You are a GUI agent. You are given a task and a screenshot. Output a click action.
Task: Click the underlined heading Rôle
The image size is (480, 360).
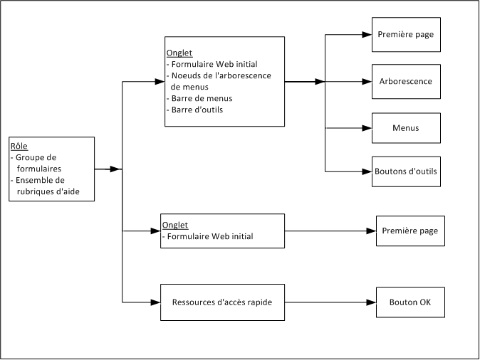[19, 147]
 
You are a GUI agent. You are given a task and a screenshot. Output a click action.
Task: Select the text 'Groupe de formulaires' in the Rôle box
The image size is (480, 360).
[38, 163]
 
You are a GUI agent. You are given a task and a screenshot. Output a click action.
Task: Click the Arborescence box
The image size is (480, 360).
[406, 81]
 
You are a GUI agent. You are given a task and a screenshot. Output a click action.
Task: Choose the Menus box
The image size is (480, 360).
[406, 128]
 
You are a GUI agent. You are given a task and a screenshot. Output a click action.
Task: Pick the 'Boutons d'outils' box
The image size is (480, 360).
[406, 171]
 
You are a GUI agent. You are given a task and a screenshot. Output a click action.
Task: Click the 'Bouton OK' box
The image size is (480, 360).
[410, 302]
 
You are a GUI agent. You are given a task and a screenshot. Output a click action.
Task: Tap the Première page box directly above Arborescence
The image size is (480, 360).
[406, 34]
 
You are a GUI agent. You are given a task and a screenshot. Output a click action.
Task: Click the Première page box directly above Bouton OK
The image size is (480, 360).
[410, 231]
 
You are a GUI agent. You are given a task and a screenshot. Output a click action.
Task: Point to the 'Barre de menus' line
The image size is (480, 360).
[202, 98]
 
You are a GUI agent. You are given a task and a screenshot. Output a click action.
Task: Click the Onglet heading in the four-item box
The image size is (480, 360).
[179, 53]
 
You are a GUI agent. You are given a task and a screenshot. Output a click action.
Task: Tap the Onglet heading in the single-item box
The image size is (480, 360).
[175, 226]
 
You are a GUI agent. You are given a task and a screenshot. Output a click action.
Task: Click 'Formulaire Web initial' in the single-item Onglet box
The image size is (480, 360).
[207, 236]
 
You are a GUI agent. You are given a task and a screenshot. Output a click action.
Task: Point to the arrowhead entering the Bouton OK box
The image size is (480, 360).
[371, 302]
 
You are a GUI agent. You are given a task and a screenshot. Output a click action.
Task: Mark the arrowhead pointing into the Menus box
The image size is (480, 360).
[367, 128]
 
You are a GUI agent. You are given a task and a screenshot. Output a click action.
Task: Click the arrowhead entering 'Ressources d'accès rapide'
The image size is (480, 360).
[156, 302]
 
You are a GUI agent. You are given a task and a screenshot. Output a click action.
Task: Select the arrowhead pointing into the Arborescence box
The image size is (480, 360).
[367, 81]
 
